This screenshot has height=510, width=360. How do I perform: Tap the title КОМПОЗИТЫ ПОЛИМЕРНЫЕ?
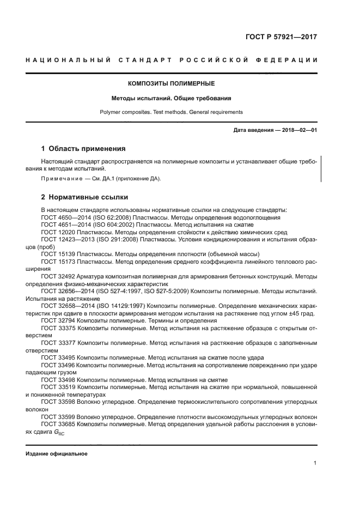point(171,84)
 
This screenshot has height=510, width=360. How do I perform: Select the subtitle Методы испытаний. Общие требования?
point(171,99)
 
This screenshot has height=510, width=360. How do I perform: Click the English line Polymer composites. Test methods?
point(171,112)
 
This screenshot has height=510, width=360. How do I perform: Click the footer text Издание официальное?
point(57,453)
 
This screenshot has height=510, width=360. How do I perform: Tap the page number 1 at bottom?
point(315,463)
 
